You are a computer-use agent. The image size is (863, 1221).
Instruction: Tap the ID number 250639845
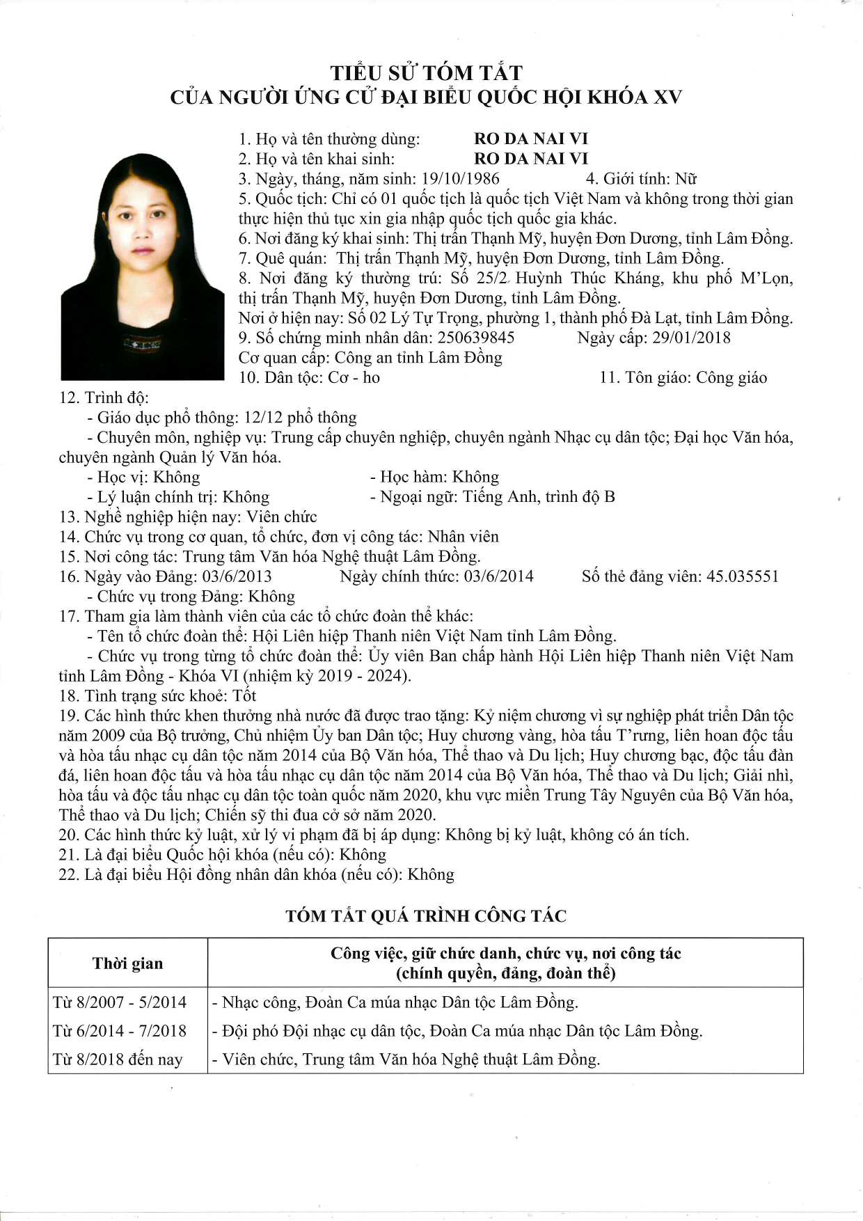click(x=476, y=338)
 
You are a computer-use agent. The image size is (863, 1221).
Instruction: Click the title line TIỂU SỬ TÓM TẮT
click(x=426, y=73)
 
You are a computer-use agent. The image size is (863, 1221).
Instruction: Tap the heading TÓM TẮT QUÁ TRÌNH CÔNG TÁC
click(x=426, y=916)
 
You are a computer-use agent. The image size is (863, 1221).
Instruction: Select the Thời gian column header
click(x=127, y=963)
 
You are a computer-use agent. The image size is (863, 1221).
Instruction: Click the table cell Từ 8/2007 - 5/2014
click(x=120, y=1002)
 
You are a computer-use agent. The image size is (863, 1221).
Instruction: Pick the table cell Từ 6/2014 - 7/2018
click(x=120, y=1031)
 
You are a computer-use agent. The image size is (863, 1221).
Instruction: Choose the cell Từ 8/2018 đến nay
click(x=118, y=1059)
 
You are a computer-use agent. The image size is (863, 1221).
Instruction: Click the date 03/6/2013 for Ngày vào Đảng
click(x=237, y=577)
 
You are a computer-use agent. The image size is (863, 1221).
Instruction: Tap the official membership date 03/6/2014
click(x=498, y=577)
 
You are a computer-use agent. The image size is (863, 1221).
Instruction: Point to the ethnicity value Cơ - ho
click(x=354, y=378)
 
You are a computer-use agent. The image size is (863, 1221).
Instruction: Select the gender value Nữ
click(x=686, y=179)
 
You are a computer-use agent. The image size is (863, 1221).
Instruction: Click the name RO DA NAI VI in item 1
click(x=531, y=139)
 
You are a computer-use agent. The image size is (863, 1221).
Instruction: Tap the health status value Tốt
click(x=244, y=696)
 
